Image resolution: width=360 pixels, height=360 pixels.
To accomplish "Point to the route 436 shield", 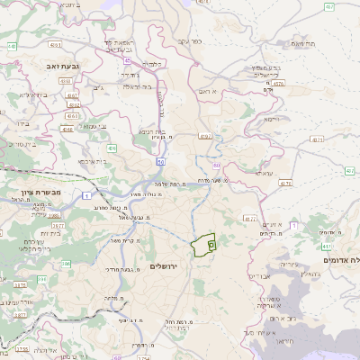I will tap(112, 148).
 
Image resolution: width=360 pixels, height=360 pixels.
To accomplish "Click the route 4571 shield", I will tap(317, 139).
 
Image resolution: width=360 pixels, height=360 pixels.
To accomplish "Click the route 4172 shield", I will tap(250, 218).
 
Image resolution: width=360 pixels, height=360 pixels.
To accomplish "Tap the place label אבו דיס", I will tap(257, 275).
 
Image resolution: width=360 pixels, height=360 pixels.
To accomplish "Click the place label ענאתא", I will tap(264, 173).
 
